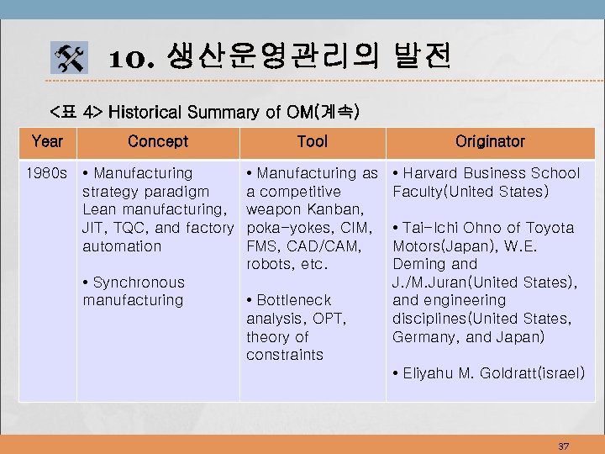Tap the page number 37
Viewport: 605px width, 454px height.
pos(563,446)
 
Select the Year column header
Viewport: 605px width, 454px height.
pos(47,142)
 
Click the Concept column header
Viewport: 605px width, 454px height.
pos(158,142)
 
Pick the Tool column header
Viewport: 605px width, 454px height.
pos(312,142)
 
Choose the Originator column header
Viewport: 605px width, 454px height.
pos(490,142)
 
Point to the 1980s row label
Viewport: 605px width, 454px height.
pos(47,173)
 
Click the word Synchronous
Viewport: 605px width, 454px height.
pos(139,282)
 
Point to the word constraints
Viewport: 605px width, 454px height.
pos(284,355)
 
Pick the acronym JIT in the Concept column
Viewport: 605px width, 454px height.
pos(93,228)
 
